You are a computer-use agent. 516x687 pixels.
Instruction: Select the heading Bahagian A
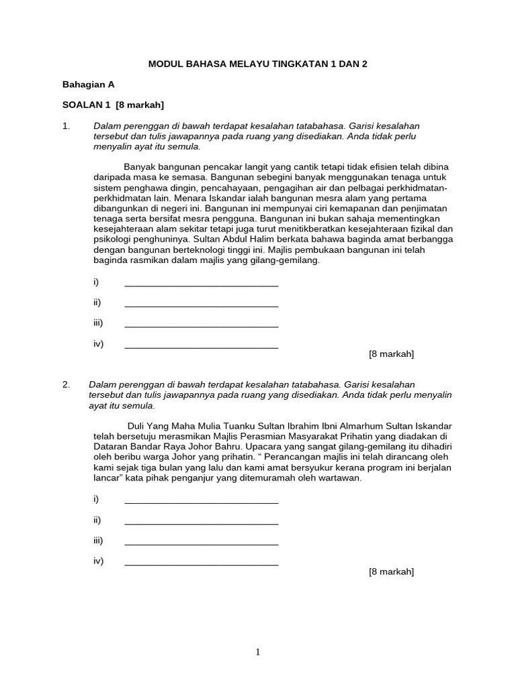click(88, 85)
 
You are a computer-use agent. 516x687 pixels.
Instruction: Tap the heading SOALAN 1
click(87, 105)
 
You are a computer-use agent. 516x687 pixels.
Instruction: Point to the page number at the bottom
click(257, 651)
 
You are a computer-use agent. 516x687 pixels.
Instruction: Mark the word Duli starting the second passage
click(137, 426)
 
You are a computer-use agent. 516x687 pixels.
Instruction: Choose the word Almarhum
click(346, 426)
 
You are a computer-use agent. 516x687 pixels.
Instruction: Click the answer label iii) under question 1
click(98, 323)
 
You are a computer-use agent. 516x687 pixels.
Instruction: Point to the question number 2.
click(66, 384)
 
